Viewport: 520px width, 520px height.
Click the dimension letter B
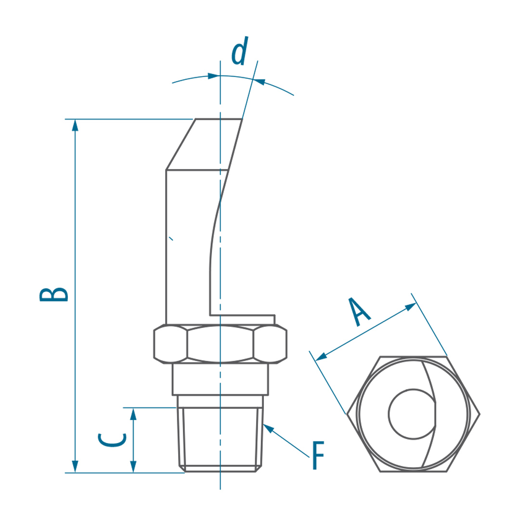point(54,295)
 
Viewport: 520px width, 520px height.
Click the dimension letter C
point(112,440)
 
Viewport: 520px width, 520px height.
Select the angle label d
point(240,51)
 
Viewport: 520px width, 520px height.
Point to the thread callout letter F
point(318,455)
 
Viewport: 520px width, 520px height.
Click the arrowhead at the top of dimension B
point(75,125)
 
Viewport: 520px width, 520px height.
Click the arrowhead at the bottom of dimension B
point(75,466)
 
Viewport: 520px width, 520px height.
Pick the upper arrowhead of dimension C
point(133,414)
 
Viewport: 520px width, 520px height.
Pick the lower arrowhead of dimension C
point(133,466)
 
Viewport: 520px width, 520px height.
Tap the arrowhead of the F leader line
point(269,428)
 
